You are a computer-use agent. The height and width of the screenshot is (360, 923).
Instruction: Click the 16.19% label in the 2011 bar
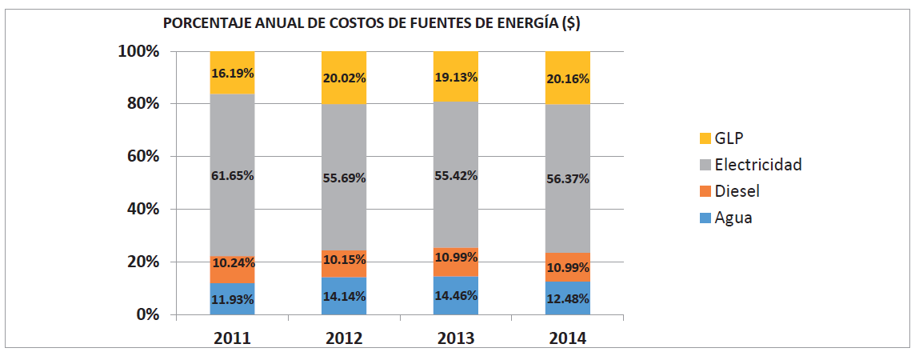tap(232, 73)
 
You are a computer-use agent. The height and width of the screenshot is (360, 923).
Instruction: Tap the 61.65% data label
tap(232, 176)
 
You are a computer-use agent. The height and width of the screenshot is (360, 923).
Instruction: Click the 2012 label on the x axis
tap(344, 338)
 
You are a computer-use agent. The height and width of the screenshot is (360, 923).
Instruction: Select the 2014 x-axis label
tap(567, 338)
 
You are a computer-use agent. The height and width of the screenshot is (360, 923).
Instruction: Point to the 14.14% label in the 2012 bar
tap(344, 297)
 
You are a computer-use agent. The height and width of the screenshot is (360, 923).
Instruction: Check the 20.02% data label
tap(344, 78)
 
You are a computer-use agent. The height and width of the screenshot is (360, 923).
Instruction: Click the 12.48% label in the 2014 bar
tap(567, 299)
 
